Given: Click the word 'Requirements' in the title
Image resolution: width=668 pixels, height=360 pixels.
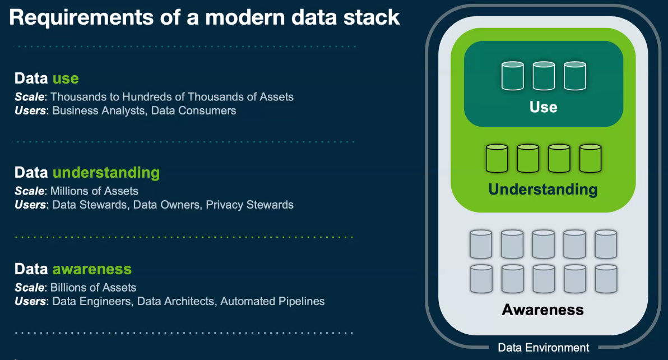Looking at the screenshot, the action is [x=81, y=19].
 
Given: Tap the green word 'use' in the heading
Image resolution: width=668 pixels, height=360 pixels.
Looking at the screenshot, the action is [x=66, y=79].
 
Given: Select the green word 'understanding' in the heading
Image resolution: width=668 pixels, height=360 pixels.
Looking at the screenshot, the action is [x=106, y=173].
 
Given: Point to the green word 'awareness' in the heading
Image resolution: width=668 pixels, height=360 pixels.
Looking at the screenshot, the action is [x=92, y=269].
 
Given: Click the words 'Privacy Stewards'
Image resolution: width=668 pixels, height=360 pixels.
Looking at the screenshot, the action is [x=249, y=205].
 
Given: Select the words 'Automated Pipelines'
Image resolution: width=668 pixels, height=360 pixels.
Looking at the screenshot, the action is [x=273, y=301].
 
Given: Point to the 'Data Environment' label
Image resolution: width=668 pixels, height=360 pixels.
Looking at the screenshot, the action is [x=544, y=348].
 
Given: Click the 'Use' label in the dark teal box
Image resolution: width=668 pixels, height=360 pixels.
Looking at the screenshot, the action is [x=544, y=107].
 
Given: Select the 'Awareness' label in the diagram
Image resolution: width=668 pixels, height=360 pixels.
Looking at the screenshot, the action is [x=542, y=310].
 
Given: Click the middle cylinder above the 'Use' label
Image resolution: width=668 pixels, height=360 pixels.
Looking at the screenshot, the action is [x=544, y=76].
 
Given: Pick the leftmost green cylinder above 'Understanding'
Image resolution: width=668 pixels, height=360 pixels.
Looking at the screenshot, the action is [x=497, y=159].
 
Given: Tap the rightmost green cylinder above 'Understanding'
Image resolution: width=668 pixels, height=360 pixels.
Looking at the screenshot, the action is [x=591, y=159].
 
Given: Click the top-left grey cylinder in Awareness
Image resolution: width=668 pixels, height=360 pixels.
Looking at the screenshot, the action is [x=481, y=244].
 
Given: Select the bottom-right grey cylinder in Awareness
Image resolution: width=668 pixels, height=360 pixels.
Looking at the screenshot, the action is [x=606, y=279].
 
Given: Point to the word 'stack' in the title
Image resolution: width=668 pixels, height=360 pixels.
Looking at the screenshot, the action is [x=372, y=18].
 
